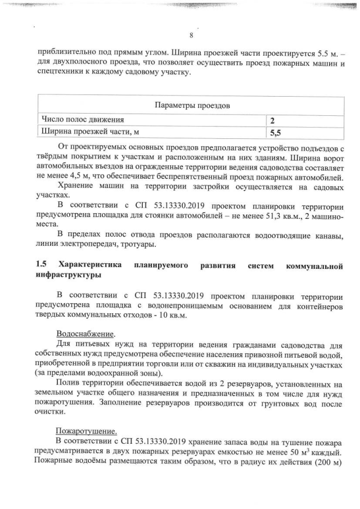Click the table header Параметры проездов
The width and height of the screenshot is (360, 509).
[191, 105]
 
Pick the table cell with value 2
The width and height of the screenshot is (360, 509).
[272, 120]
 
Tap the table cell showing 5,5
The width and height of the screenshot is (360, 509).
[275, 133]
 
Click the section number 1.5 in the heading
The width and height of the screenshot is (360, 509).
[41, 265]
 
